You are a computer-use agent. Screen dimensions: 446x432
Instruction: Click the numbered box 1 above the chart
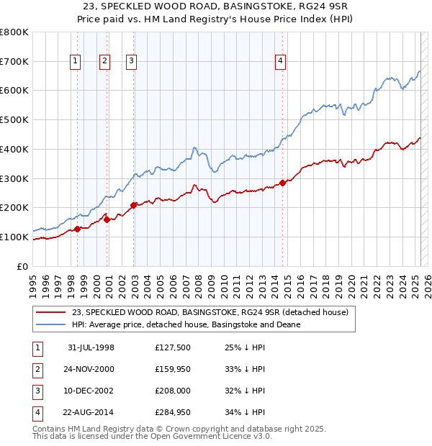(x=76, y=62)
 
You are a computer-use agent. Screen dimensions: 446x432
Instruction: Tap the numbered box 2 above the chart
(x=104, y=62)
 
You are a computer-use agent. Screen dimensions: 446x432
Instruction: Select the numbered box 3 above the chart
(x=132, y=62)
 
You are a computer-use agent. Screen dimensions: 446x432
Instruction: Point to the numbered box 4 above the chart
(x=279, y=62)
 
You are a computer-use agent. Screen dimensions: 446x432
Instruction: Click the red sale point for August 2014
(x=283, y=183)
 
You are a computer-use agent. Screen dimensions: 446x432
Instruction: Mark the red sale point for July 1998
(x=78, y=229)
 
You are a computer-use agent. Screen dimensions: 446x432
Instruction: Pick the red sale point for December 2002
(x=134, y=205)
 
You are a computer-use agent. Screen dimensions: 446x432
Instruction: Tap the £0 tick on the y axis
(x=22, y=266)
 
